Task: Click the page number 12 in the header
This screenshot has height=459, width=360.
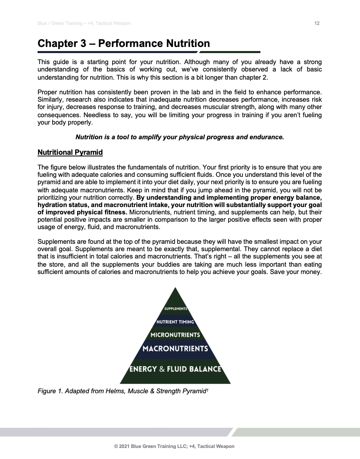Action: click(317, 24)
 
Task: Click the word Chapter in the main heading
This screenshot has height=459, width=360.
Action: click(57, 43)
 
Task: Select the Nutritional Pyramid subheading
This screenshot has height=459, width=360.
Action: click(70, 153)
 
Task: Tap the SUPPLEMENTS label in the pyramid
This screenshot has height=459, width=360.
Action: click(176, 308)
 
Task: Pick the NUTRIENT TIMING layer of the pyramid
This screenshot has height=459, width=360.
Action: click(176, 322)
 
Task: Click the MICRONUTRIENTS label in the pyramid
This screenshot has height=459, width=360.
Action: click(176, 335)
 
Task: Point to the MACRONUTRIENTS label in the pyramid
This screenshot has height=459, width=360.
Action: click(176, 349)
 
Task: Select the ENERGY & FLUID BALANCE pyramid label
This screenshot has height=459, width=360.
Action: click(176, 369)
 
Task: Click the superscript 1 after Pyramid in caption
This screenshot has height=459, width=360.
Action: click(207, 390)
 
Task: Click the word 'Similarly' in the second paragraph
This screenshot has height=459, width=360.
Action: click(50, 100)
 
